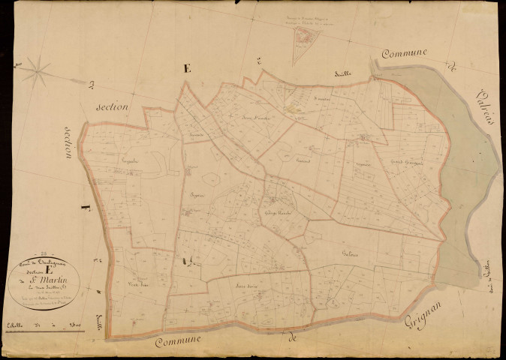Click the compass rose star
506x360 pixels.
(35, 72)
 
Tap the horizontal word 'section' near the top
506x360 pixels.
(112, 107)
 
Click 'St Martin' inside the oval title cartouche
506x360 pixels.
(44, 279)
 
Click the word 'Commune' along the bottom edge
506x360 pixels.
(180, 342)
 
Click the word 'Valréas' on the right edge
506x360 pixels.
(480, 100)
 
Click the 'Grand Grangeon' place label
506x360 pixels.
(406, 162)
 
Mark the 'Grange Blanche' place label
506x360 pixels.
(276, 212)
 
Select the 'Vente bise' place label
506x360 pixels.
(135, 282)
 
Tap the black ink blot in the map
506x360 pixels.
(182, 260)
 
